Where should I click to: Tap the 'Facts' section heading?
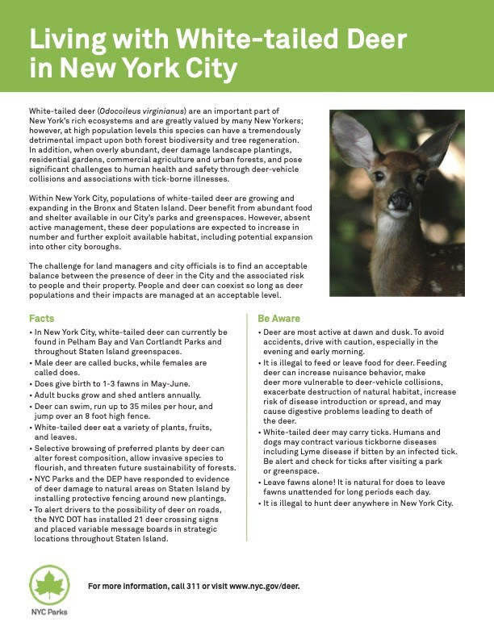(x=42, y=319)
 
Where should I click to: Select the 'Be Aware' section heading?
(x=278, y=319)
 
